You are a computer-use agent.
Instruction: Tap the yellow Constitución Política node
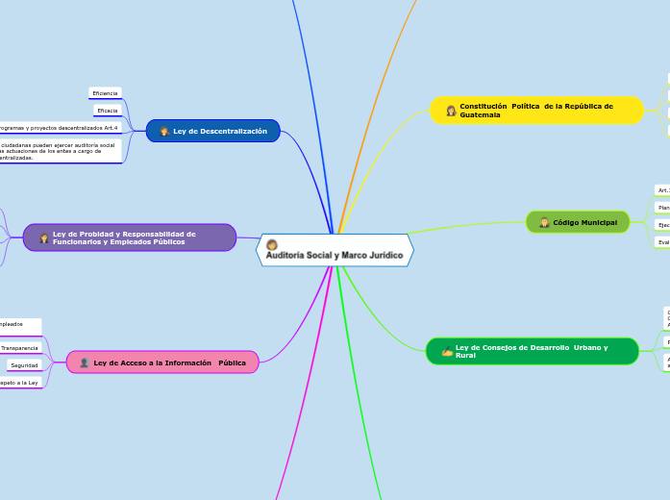[x=536, y=110]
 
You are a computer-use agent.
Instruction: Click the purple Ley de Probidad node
[x=130, y=237]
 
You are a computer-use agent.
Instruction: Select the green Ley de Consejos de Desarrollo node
[x=532, y=351]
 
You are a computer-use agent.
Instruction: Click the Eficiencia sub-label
[x=105, y=93]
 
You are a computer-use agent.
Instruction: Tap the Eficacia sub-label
[x=106, y=111]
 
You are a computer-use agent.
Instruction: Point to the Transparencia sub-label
[x=20, y=348]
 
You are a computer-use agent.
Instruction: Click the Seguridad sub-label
[x=24, y=365]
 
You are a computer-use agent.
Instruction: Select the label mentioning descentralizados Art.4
[x=58, y=128]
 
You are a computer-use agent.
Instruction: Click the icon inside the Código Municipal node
[x=544, y=222]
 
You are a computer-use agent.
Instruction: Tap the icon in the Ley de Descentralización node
[x=164, y=131]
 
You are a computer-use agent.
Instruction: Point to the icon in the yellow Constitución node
[x=450, y=111]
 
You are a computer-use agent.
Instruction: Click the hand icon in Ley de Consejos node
[x=446, y=352]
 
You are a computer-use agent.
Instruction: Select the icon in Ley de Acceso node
[x=85, y=362]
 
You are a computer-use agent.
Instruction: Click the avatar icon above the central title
[x=272, y=244]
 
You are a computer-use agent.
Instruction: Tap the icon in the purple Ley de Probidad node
[x=43, y=237]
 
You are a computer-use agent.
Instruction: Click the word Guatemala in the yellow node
[x=480, y=114]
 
